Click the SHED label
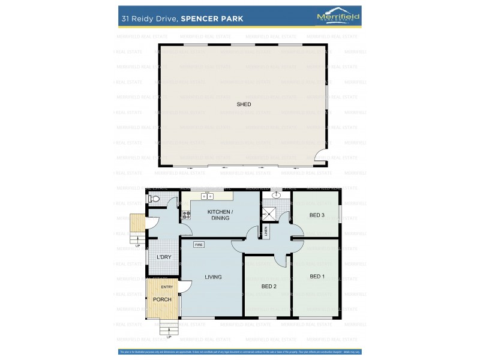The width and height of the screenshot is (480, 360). [x=244, y=104]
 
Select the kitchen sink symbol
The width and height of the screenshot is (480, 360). [x=207, y=196]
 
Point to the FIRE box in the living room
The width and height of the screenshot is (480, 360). [x=198, y=245]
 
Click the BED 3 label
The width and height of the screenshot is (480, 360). [x=317, y=215]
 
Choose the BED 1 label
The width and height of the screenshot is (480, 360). [x=317, y=277]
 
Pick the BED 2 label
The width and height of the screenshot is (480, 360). [x=269, y=286]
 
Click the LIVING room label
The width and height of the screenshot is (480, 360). [x=213, y=277]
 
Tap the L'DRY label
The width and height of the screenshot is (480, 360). [x=164, y=257]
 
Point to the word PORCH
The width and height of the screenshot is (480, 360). [x=162, y=299]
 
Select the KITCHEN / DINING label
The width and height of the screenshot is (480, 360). [x=220, y=215]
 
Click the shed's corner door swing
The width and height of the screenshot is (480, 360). [x=323, y=155]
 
